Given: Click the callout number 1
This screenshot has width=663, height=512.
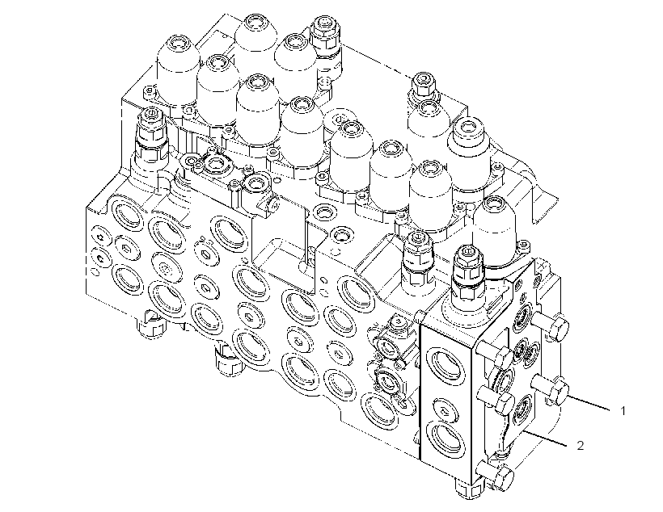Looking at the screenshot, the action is (x=623, y=410).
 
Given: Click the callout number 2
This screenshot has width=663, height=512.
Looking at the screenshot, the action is (x=581, y=445).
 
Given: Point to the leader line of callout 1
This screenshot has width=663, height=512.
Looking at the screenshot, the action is (x=589, y=404).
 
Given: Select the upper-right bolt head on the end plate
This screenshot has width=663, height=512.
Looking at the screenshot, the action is (x=558, y=328).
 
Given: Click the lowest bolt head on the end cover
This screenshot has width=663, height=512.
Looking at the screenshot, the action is (x=502, y=478).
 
